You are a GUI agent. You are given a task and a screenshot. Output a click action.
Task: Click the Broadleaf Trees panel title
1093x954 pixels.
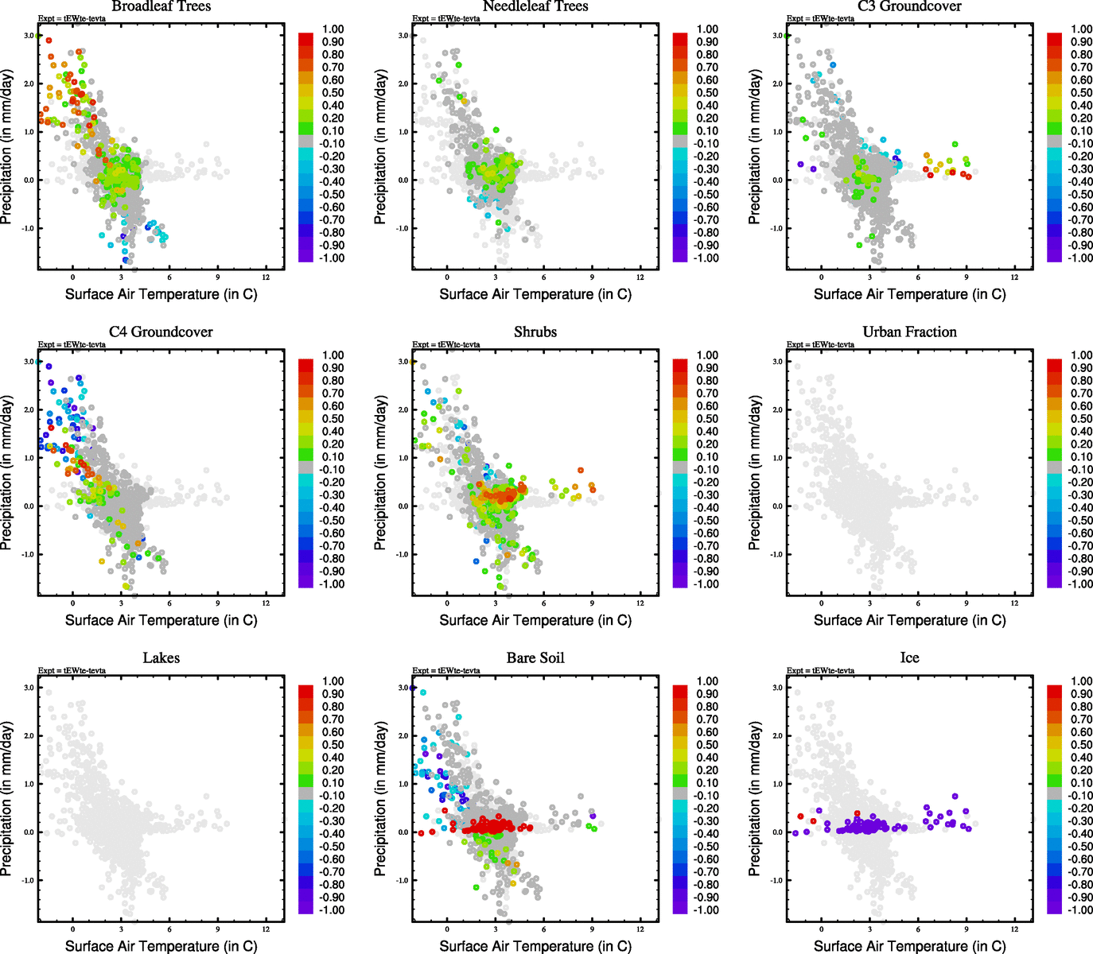pos(161,6)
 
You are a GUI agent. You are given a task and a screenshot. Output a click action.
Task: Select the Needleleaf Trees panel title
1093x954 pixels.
pos(535,6)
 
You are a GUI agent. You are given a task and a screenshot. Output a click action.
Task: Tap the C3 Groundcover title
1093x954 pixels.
pos(909,6)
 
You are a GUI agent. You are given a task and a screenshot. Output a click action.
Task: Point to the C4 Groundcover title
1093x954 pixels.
pos(161,332)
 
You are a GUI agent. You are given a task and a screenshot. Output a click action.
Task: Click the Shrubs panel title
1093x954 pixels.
pos(535,332)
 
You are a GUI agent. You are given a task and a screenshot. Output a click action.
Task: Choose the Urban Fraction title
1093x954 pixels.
pos(909,332)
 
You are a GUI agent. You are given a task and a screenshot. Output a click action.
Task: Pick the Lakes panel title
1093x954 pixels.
pos(161,657)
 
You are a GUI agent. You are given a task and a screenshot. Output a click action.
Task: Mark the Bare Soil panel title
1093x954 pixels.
pos(535,657)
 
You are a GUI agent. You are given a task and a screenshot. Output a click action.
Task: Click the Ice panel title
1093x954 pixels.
pos(909,657)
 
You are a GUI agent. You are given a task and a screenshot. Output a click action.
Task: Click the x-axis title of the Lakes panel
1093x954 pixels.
pos(161,946)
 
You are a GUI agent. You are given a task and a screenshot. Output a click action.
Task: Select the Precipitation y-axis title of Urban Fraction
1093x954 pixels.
pos(755,473)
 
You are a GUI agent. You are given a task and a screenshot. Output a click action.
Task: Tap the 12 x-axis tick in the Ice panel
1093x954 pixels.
pos(1014,929)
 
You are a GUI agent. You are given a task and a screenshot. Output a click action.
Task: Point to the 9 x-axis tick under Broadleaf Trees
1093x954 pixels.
pos(218,277)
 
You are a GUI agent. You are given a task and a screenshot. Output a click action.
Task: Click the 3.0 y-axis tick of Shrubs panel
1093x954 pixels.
pos(403,362)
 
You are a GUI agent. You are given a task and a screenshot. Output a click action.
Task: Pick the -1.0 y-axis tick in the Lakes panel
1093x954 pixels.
pos(29,880)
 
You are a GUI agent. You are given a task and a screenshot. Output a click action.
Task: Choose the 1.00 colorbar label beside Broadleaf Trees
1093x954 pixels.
pos(333,29)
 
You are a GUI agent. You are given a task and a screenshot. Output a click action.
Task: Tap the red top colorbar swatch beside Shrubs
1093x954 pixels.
pos(680,365)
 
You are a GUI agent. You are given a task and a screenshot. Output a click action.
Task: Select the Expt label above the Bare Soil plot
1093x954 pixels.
pos(446,670)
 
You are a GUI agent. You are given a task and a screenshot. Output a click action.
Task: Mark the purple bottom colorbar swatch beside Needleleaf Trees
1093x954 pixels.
pos(680,256)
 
